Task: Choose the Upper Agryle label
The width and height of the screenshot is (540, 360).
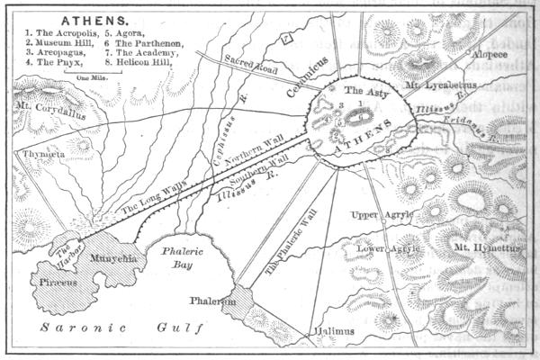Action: coord(381,216)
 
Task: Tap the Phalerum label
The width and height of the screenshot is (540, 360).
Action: coord(212,302)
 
